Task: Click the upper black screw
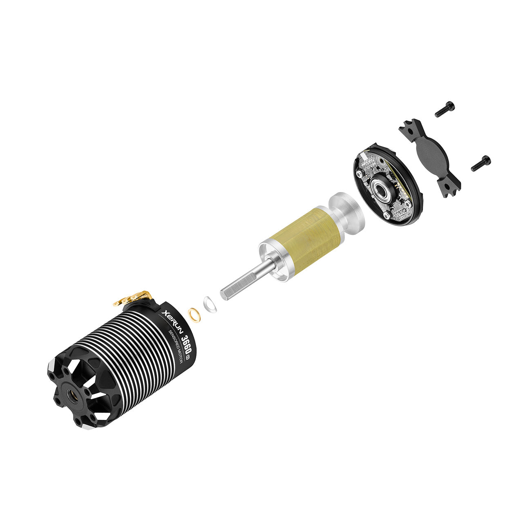(445, 109)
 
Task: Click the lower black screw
(481, 163)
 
